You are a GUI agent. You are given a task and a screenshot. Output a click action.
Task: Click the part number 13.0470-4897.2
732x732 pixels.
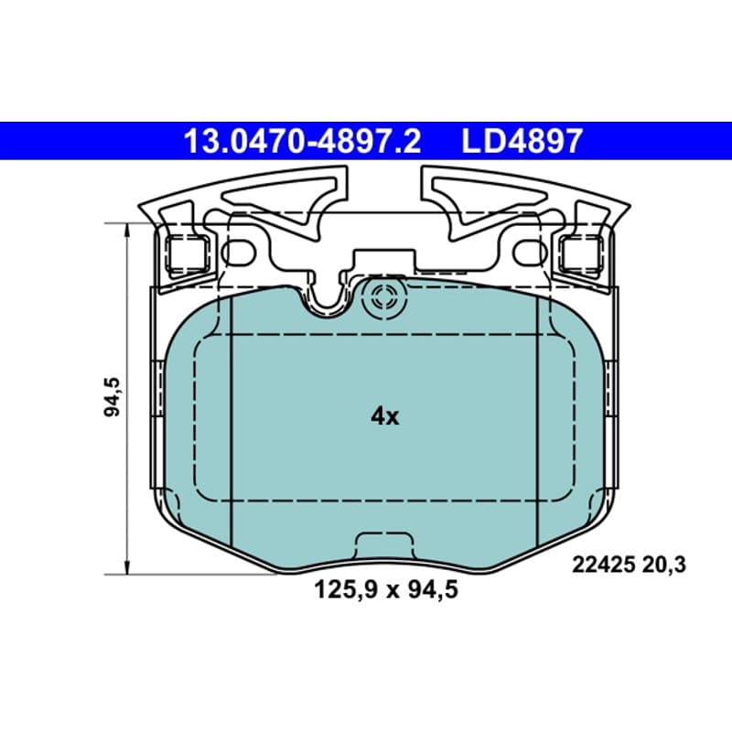pyautogui.click(x=303, y=142)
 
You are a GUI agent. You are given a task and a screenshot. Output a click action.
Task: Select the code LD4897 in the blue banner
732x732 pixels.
pyautogui.click(x=522, y=142)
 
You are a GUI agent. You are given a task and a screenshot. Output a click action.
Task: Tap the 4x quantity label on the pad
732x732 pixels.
pyautogui.click(x=384, y=416)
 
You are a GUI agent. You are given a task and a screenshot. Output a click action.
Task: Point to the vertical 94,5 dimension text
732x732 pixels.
pyautogui.click(x=112, y=396)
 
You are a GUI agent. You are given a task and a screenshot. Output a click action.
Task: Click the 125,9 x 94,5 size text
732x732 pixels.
pyautogui.click(x=385, y=589)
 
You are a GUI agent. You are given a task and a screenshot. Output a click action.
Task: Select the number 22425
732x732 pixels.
pyautogui.click(x=603, y=565)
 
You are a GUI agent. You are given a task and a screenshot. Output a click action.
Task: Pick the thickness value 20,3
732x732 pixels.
pyautogui.click(x=664, y=565)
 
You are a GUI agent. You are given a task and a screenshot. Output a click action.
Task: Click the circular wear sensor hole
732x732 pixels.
pyautogui.click(x=385, y=298)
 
